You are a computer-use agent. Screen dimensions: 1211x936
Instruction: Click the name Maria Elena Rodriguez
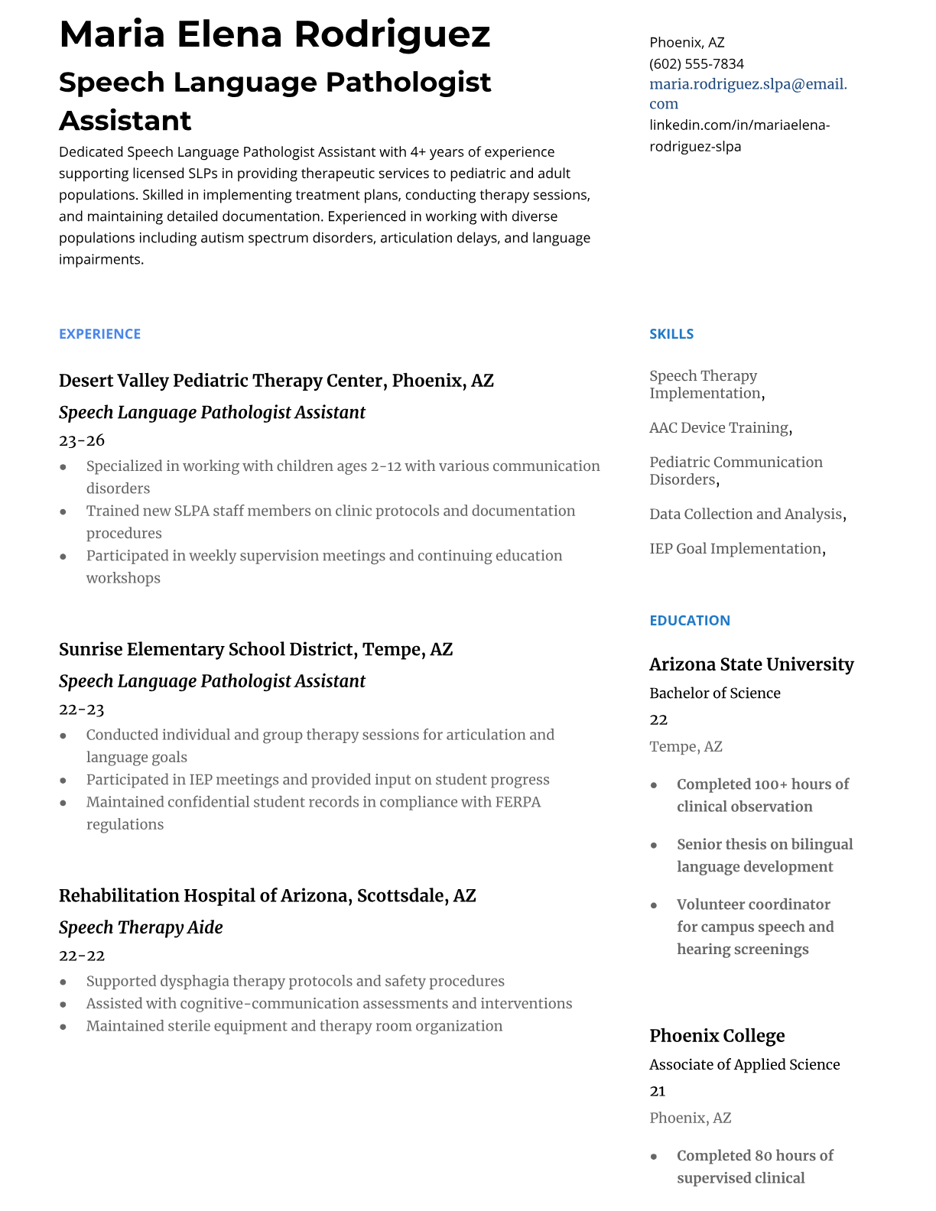click(x=274, y=34)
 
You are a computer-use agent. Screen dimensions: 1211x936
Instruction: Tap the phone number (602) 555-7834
click(x=696, y=63)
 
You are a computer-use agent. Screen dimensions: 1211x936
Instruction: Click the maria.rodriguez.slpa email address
click(x=747, y=84)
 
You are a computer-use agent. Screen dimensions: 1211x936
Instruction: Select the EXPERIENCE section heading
click(x=99, y=334)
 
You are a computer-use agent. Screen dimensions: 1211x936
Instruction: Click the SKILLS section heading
click(x=671, y=334)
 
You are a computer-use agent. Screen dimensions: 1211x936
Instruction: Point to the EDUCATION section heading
click(x=689, y=620)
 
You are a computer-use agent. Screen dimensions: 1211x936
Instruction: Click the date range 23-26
click(x=82, y=440)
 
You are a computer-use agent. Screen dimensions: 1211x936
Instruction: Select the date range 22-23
click(x=82, y=709)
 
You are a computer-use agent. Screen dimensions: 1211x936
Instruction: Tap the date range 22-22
click(x=82, y=956)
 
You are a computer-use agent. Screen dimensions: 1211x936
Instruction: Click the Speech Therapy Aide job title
click(x=141, y=927)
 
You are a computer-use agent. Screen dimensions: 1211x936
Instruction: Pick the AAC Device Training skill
click(x=719, y=428)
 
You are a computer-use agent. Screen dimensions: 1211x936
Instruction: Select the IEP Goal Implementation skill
click(x=736, y=549)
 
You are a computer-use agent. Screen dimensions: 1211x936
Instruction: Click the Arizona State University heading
click(x=751, y=664)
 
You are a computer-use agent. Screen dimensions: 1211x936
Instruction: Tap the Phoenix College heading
click(x=717, y=1036)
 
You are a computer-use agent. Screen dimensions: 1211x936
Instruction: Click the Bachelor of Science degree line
click(x=714, y=693)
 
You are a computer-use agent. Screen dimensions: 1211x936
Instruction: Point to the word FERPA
click(x=518, y=802)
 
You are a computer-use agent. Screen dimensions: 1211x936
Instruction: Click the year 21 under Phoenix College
click(x=657, y=1091)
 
